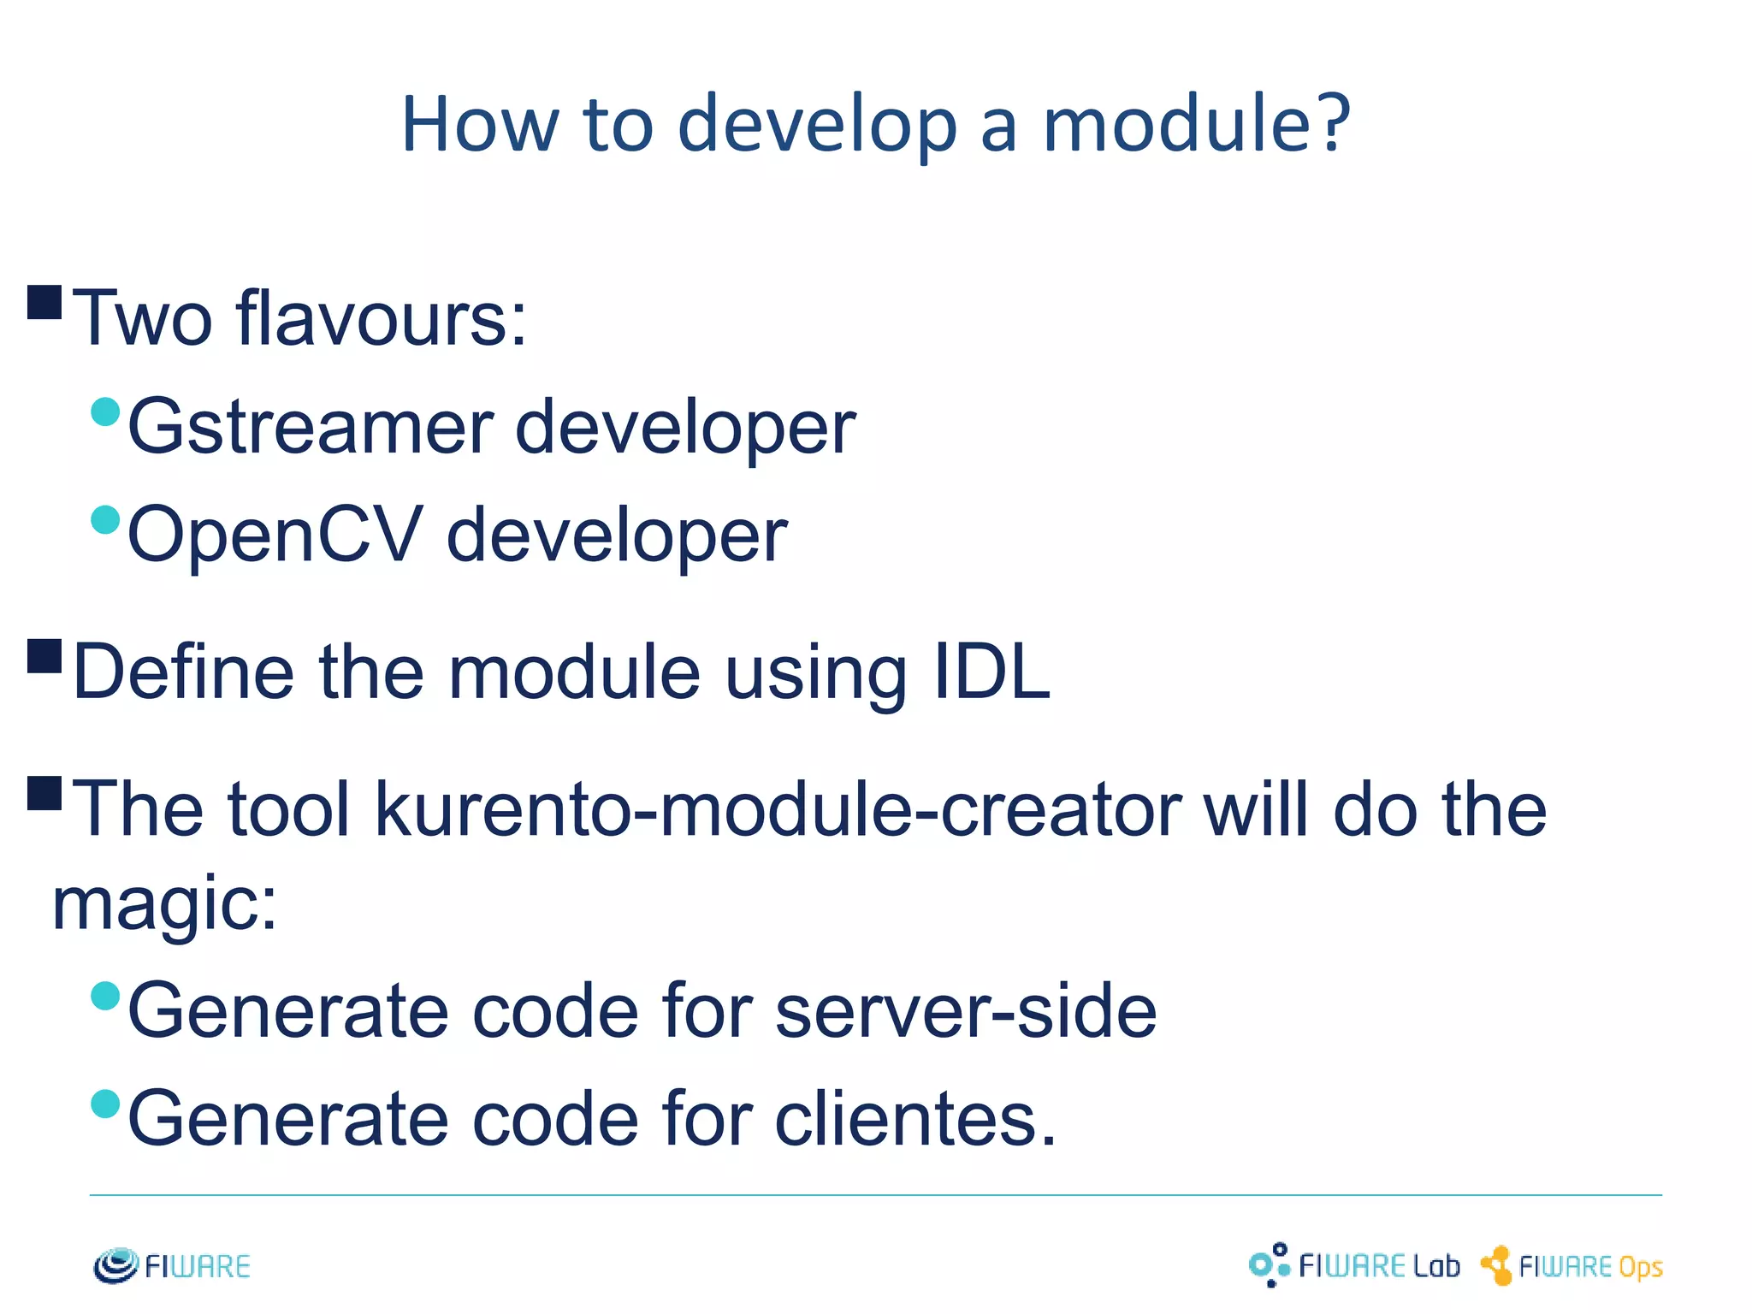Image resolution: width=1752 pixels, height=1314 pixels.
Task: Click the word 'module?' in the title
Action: click(x=1196, y=124)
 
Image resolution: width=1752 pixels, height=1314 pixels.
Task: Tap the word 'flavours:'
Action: click(x=382, y=318)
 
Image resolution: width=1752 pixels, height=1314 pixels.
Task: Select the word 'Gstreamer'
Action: click(x=310, y=428)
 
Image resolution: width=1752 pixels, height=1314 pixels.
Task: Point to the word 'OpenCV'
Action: click(x=275, y=535)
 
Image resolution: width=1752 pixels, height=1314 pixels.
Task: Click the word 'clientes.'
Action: click(x=915, y=1119)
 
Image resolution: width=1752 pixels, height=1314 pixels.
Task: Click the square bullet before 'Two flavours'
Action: click(x=44, y=302)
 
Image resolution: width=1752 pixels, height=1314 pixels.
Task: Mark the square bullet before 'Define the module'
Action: click(x=44, y=656)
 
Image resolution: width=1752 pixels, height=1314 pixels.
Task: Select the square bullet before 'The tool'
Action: click(x=44, y=793)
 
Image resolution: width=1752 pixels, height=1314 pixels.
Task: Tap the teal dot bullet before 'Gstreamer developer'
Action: click(x=105, y=411)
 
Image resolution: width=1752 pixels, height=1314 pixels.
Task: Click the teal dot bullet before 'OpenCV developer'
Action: click(x=105, y=519)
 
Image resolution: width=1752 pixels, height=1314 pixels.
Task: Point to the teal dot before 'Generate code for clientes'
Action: click(x=105, y=1104)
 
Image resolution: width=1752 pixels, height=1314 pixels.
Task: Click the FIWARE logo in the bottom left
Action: click(x=172, y=1266)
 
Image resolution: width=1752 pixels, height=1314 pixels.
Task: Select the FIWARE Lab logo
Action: click(x=1353, y=1265)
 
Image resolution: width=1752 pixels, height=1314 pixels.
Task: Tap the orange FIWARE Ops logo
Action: click(x=1572, y=1266)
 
